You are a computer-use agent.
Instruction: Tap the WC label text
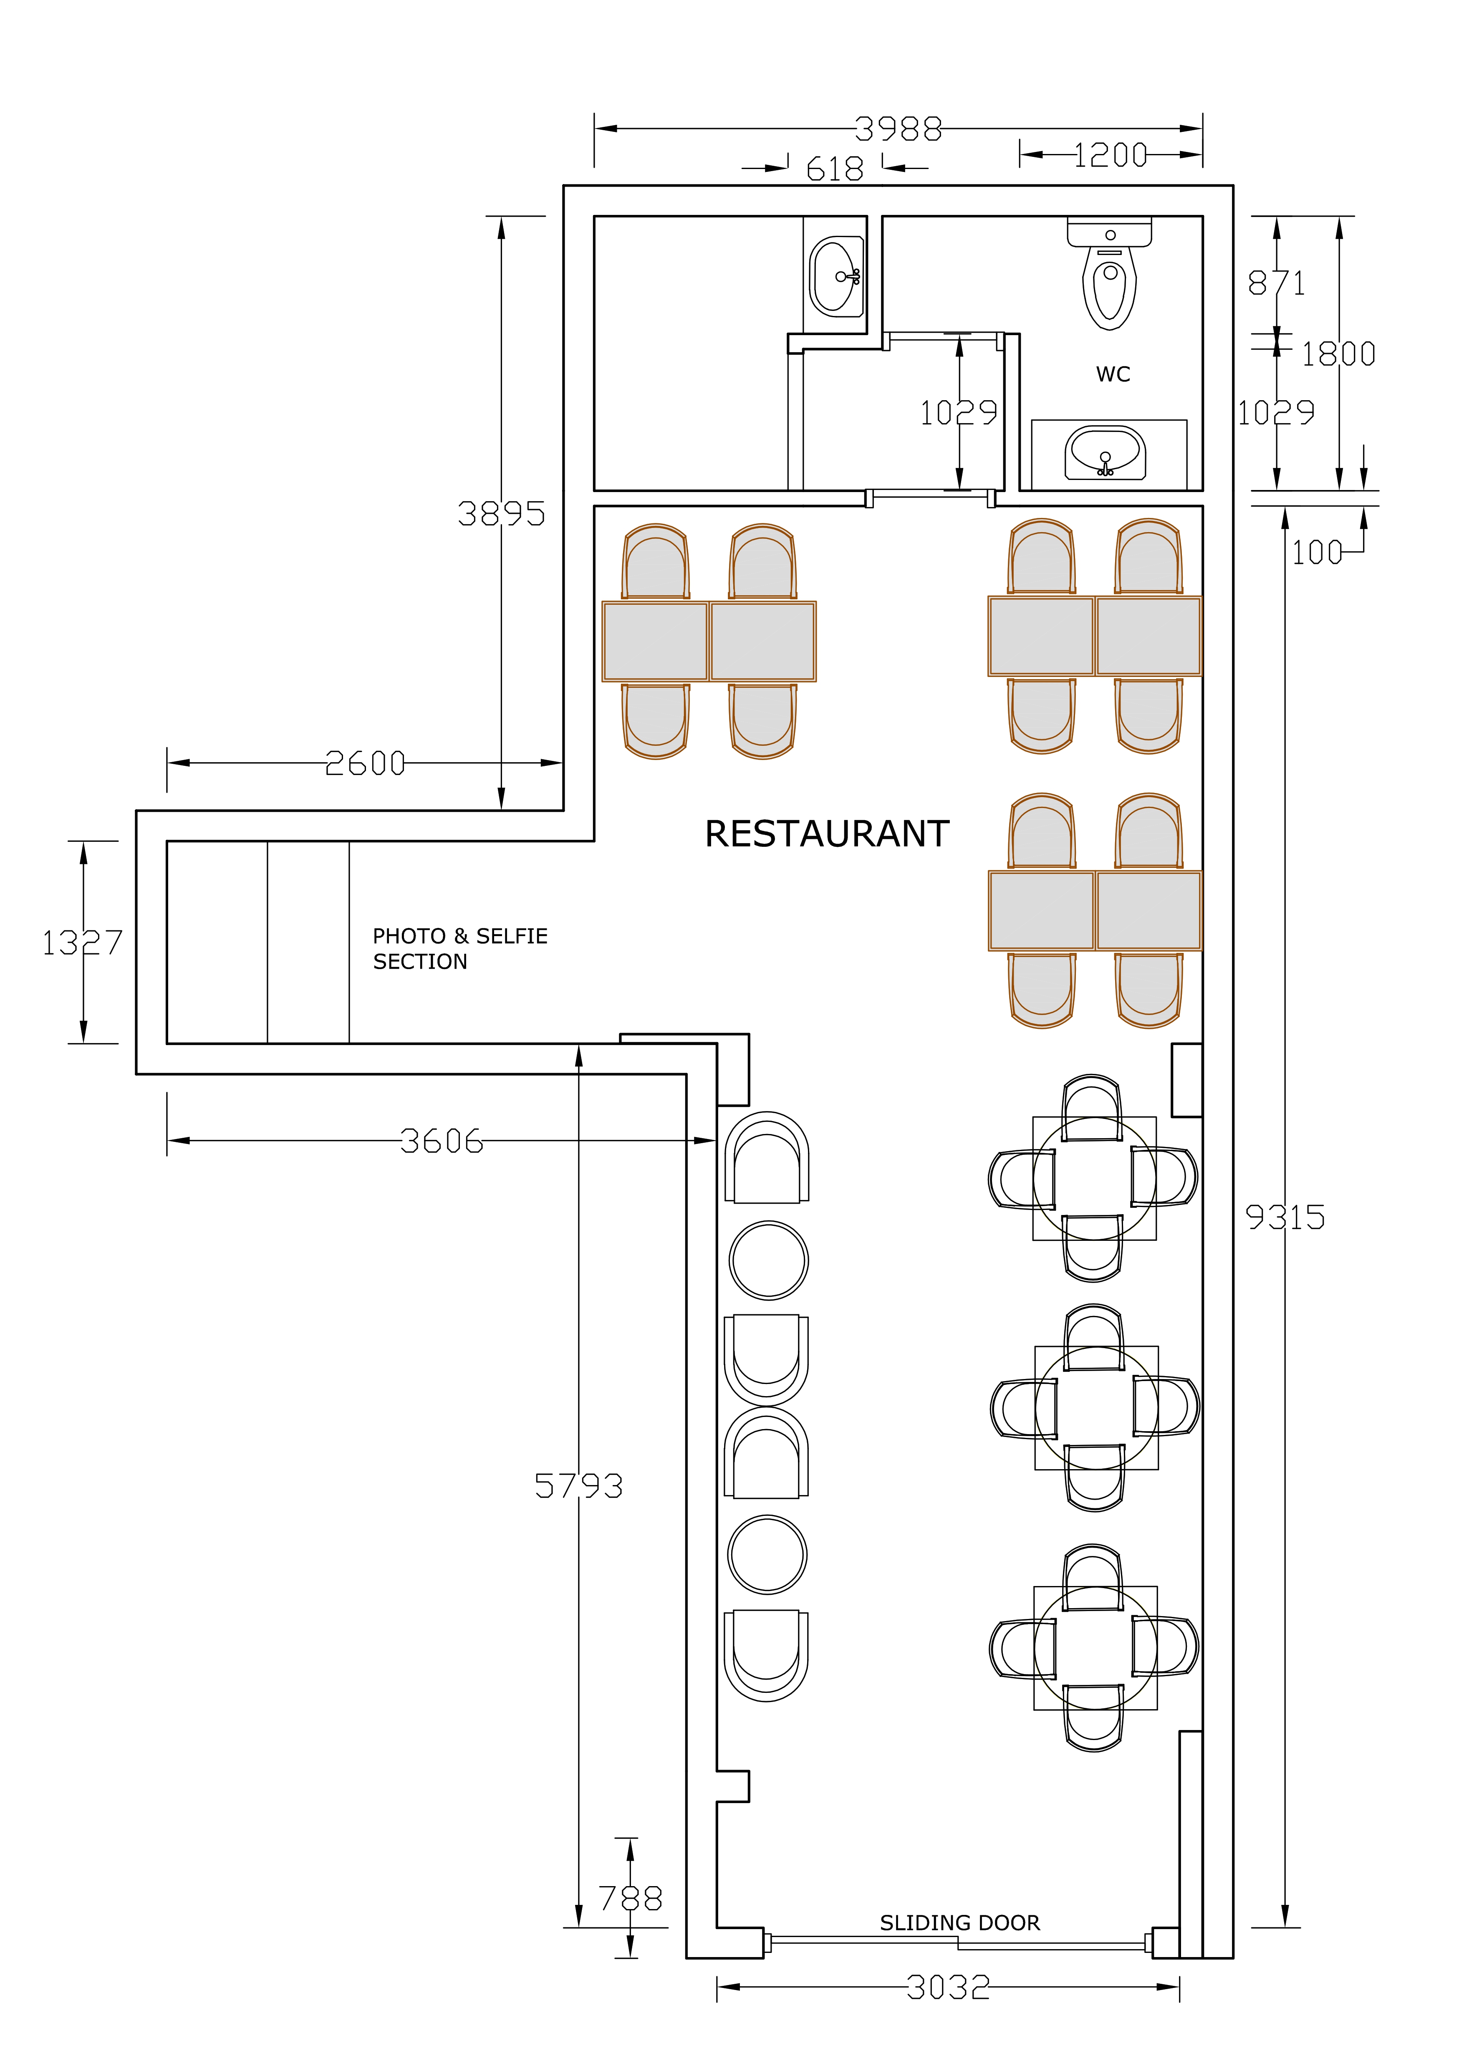1113,374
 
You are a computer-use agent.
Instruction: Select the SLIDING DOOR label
960,1923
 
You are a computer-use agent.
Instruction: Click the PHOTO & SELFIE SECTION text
460,949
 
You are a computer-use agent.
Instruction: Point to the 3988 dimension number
899,129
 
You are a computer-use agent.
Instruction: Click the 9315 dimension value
1285,1218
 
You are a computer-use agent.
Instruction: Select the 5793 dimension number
578,1485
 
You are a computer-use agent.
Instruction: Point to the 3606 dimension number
442,1141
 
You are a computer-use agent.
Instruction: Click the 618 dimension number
834,169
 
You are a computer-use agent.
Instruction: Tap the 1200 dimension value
1111,155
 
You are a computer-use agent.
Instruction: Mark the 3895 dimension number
502,514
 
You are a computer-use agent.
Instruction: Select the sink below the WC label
1106,453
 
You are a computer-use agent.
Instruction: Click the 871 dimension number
1276,283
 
